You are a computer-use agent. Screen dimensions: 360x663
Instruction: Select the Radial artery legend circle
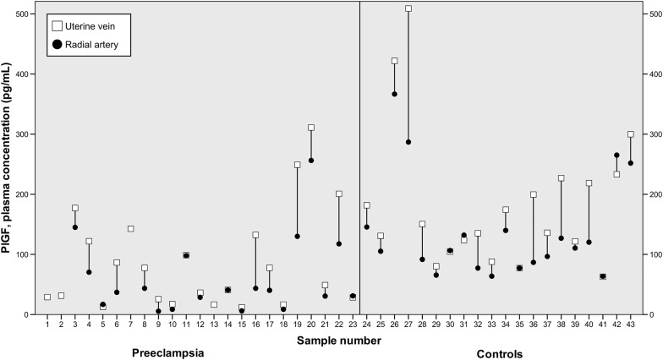coord(56,46)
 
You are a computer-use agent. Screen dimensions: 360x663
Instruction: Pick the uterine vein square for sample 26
coord(394,61)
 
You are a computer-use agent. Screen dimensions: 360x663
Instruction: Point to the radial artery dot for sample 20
coord(311,161)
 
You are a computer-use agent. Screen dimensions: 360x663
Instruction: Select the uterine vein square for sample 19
coord(298,165)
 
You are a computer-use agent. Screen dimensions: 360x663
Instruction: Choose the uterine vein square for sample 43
coord(631,134)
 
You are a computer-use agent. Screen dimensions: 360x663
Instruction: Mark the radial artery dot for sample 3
coord(75,227)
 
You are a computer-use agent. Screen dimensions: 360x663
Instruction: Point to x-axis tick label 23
coord(353,325)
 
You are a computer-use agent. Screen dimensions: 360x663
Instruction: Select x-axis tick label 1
coord(47,325)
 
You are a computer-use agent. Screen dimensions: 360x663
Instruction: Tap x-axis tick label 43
coord(631,325)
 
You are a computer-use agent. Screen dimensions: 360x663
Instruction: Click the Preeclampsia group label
coord(168,351)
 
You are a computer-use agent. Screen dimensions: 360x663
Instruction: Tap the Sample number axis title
coord(338,341)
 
